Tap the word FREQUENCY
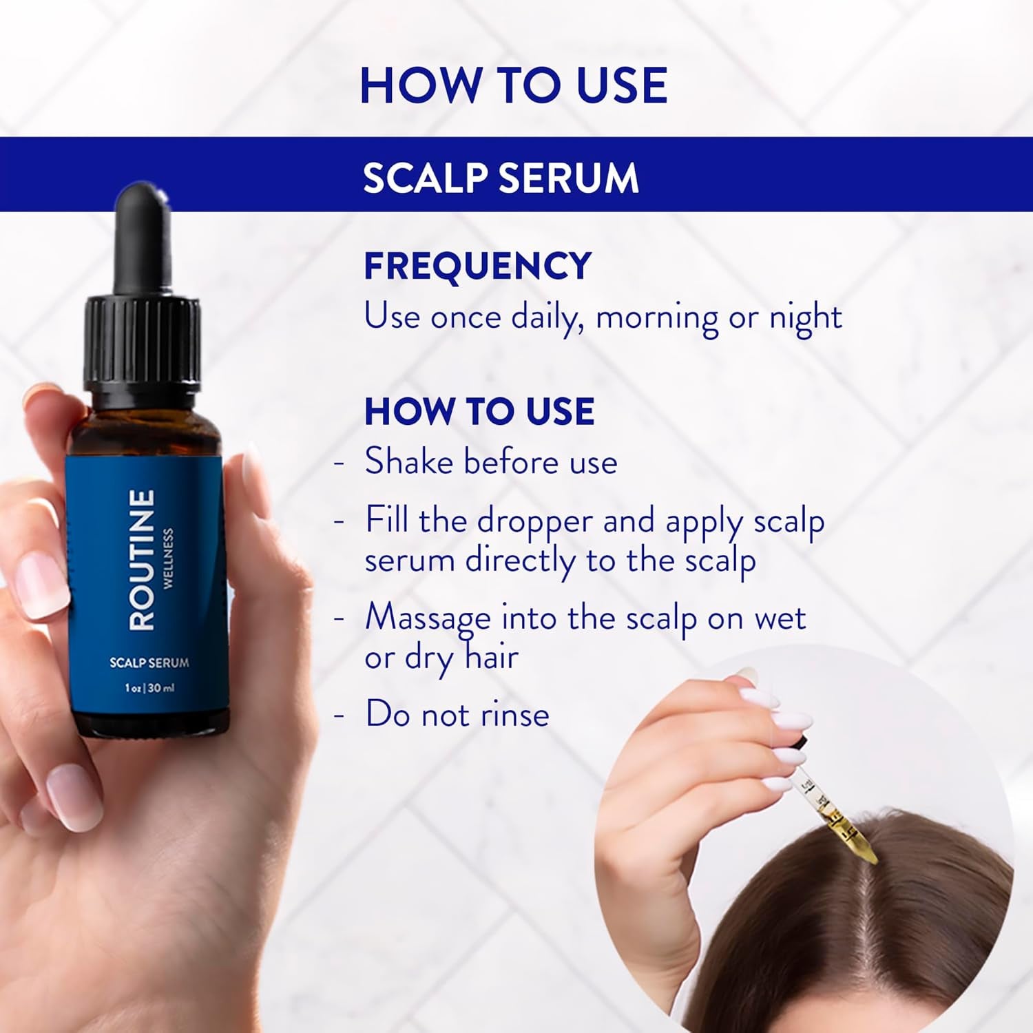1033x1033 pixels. point(477,266)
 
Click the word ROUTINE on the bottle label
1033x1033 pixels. point(142,559)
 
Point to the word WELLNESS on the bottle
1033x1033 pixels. point(168,558)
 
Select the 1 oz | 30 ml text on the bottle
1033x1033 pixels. point(149,687)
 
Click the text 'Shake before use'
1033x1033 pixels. point(490,461)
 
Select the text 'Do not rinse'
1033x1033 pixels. point(457,714)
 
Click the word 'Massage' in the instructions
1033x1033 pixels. point(427,618)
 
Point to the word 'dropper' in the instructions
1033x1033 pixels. point(534,521)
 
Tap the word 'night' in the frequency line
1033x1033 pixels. point(805,317)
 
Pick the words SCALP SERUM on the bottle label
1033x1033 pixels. point(149,662)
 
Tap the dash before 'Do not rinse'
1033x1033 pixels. point(339,714)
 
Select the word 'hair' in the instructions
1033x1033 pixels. point(491,658)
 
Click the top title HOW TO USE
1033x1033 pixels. point(513,85)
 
